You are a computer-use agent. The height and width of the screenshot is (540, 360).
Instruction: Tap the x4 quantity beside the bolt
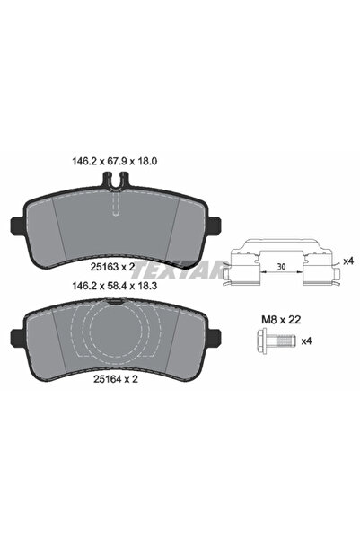[307, 341]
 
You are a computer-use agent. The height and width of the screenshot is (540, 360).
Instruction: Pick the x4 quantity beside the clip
[350, 261]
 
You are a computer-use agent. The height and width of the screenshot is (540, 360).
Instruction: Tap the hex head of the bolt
[268, 342]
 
